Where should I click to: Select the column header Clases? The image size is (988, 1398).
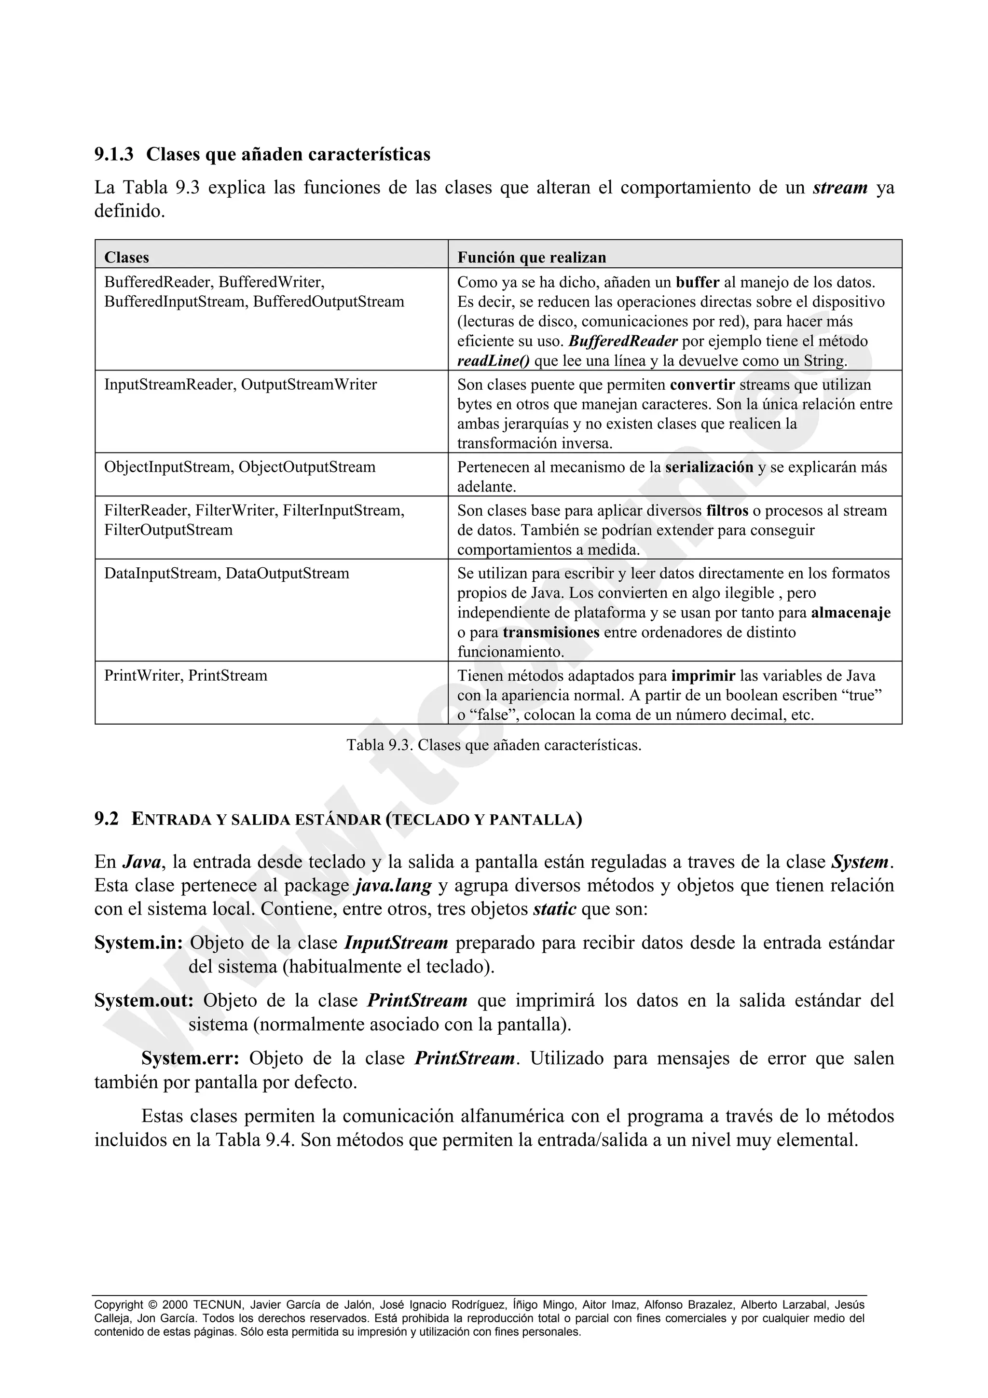click(x=126, y=258)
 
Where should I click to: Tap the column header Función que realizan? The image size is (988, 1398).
click(x=532, y=258)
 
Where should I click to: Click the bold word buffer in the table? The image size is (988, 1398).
click(x=698, y=283)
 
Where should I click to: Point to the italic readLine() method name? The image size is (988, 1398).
click(x=493, y=361)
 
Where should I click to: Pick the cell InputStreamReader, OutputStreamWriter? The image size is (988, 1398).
click(x=240, y=385)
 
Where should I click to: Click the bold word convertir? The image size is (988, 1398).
click(x=702, y=385)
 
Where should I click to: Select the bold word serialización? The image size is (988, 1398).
click(x=709, y=467)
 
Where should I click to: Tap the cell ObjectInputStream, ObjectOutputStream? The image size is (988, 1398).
click(x=240, y=467)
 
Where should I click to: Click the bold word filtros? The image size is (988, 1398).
click(x=727, y=511)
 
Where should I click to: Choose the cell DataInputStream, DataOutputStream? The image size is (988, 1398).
click(x=226, y=574)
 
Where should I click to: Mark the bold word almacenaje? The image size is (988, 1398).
click(x=851, y=613)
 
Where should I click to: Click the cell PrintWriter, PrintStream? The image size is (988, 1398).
click(x=186, y=676)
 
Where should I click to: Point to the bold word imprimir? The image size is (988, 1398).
click(x=704, y=676)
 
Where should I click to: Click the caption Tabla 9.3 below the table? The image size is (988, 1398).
click(x=494, y=745)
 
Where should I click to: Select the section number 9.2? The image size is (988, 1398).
click(x=107, y=820)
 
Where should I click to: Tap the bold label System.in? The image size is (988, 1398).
click(x=138, y=943)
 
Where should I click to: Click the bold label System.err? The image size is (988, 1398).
click(x=191, y=1058)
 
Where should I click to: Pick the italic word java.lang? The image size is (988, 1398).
click(x=393, y=885)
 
